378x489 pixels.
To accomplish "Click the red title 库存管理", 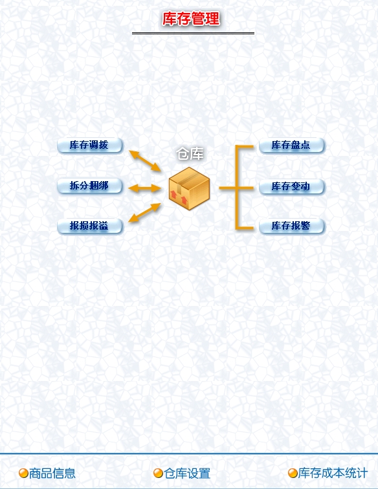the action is [x=191, y=19].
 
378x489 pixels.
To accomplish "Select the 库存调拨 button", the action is [x=89, y=146].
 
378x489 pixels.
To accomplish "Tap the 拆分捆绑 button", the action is [x=89, y=186].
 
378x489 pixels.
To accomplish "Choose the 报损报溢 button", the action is [x=89, y=226].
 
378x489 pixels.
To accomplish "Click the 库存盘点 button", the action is [x=291, y=146].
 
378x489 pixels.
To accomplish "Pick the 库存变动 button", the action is [x=291, y=186].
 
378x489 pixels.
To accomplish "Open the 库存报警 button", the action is [x=291, y=226].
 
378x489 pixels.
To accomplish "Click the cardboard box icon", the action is [x=189, y=188].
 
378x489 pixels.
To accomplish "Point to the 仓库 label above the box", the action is [x=190, y=154].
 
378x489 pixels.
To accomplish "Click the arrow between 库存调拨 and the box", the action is [x=145, y=160].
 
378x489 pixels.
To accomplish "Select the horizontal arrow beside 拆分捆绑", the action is [x=144, y=188].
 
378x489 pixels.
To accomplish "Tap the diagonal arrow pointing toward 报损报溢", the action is [x=144, y=213].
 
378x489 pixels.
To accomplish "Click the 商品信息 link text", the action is [x=52, y=473].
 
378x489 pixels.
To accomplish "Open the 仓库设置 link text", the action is [x=187, y=473].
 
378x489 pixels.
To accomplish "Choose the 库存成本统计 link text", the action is [x=333, y=473].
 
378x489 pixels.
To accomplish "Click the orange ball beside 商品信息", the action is [x=23, y=473].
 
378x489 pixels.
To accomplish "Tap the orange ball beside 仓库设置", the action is [x=158, y=473].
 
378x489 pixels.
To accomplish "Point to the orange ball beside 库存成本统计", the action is [x=293, y=473].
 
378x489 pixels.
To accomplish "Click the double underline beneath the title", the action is [x=194, y=33].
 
